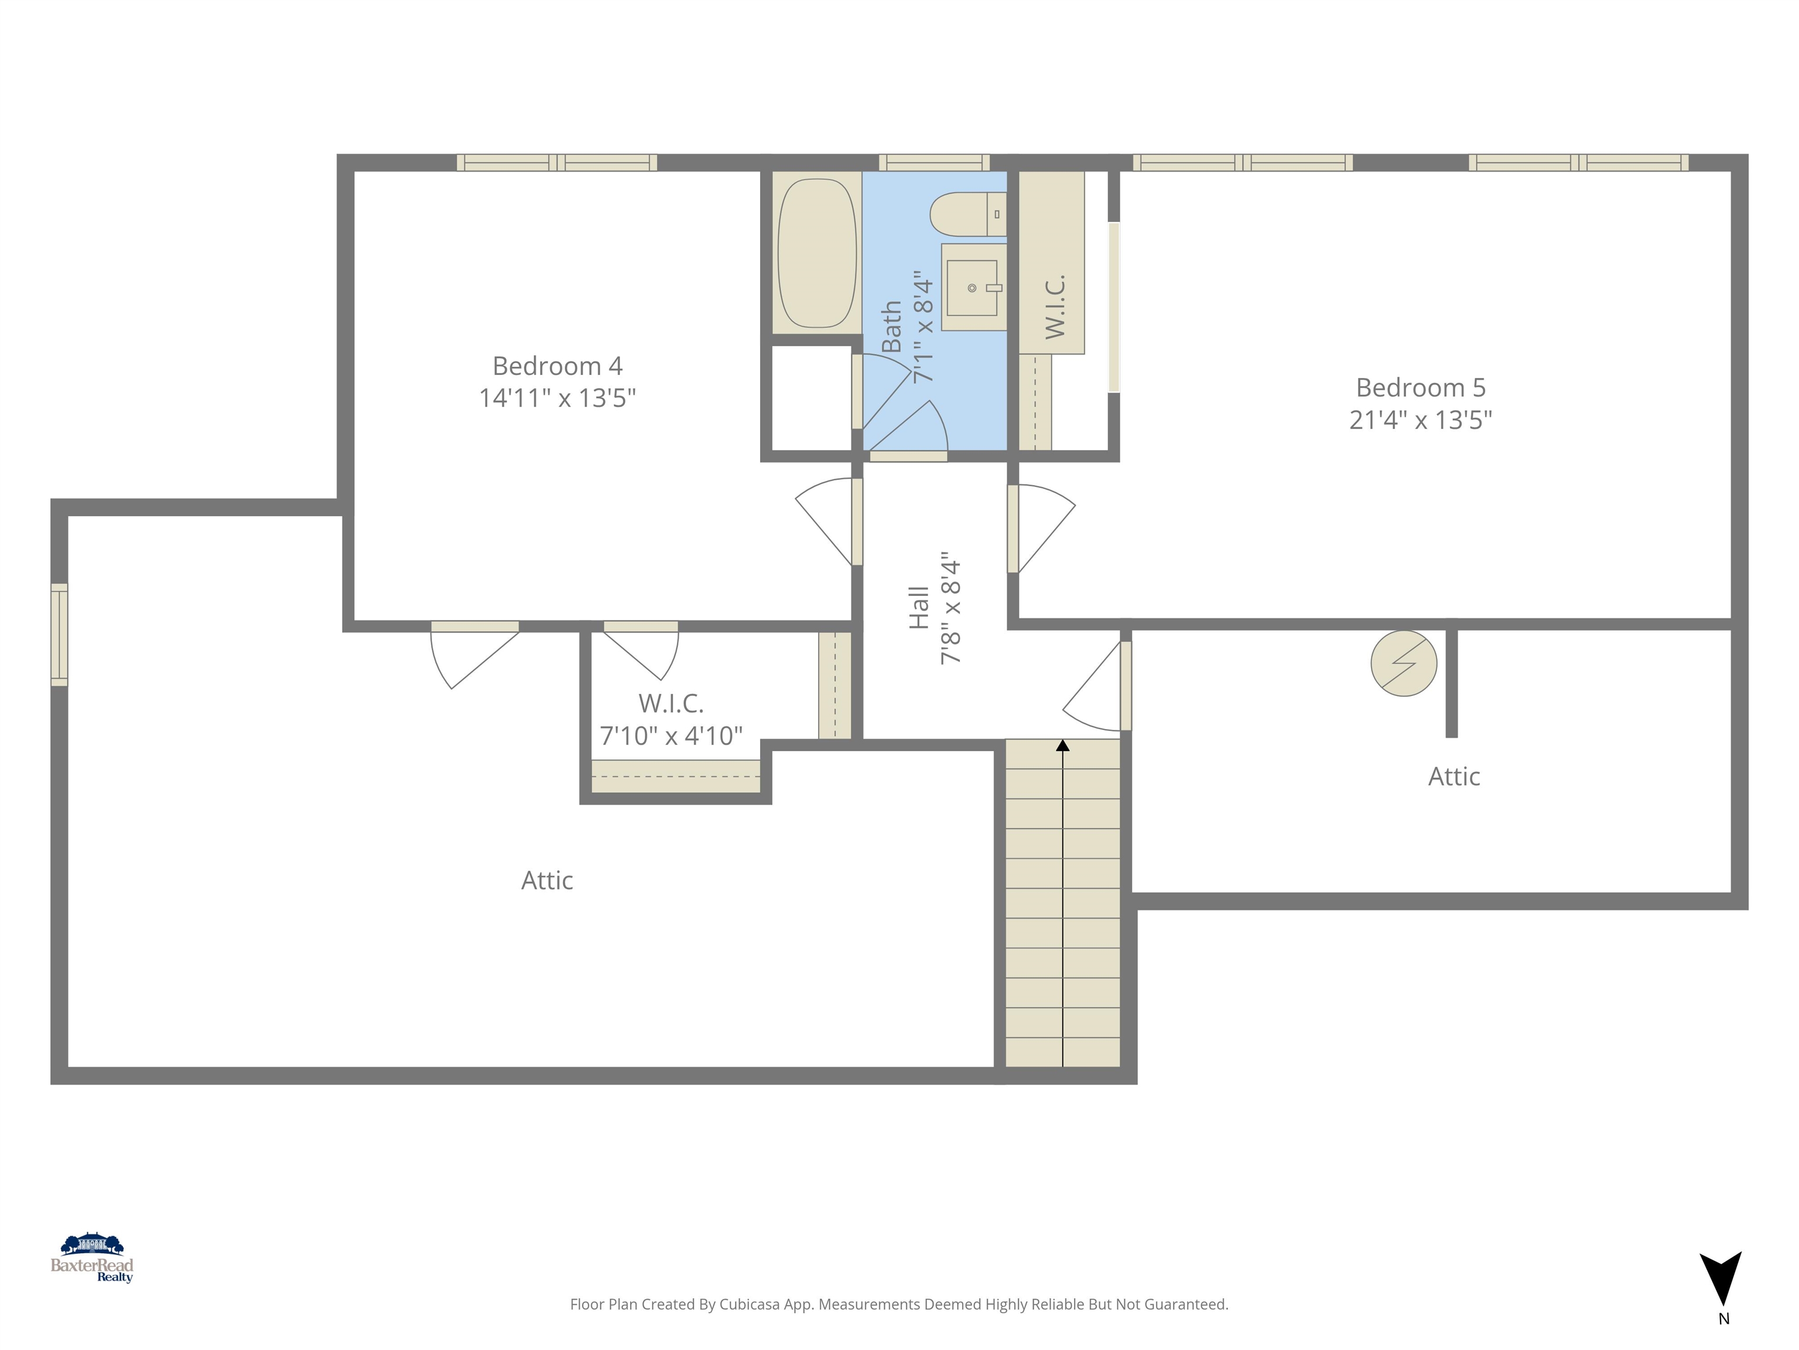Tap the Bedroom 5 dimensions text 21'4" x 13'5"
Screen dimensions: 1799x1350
tap(1420, 420)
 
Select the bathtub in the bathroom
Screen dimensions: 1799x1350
tap(816, 253)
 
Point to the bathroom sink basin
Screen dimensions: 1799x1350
tap(972, 287)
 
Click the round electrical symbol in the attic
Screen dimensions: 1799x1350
tap(1403, 663)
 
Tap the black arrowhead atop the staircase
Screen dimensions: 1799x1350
tap(1062, 745)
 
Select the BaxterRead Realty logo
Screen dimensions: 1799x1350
tap(92, 1258)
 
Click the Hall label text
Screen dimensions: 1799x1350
tap(918, 608)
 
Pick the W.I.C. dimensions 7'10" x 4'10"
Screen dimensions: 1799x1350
tap(671, 735)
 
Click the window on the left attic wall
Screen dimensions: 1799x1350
tap(59, 635)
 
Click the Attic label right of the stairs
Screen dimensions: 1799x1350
tap(1453, 776)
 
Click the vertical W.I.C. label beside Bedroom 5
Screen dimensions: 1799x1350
tap(1055, 307)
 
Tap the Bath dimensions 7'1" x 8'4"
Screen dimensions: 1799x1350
tap(923, 327)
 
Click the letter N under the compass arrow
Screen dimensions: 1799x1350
tap(1723, 1319)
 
